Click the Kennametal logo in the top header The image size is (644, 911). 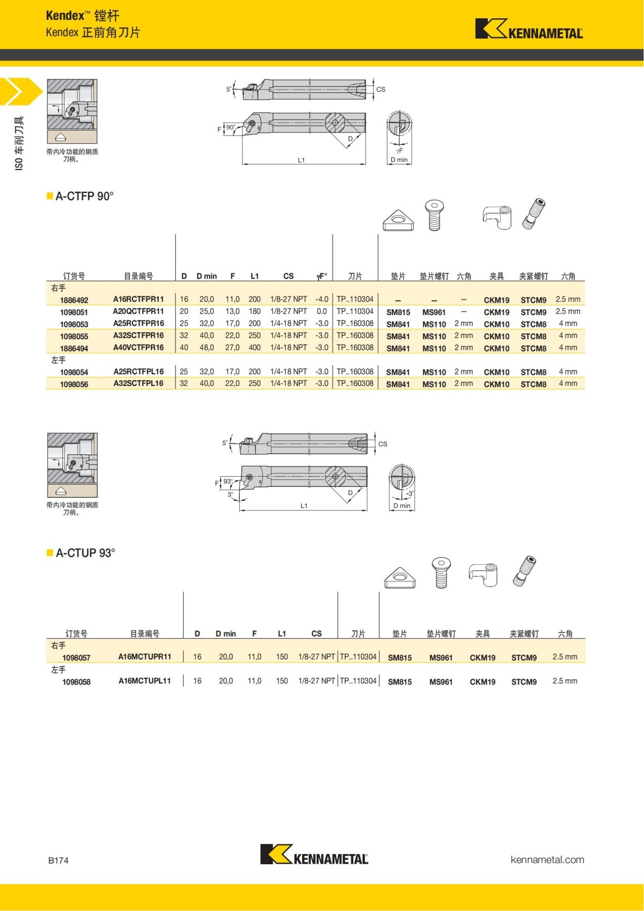point(529,29)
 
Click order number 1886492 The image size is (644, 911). point(74,300)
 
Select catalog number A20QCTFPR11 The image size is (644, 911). point(138,311)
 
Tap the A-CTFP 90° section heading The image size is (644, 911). point(84,196)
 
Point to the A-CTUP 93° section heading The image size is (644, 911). point(85,553)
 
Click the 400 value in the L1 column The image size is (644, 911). point(254,347)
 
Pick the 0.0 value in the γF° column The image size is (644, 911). point(321,311)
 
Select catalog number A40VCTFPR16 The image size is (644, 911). point(138,347)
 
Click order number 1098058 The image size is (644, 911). point(76,682)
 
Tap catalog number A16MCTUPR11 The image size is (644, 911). point(144,657)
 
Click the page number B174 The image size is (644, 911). point(58,861)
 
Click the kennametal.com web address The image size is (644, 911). point(547,859)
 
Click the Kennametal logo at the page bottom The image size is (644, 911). point(314,855)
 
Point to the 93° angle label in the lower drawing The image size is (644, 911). point(228,482)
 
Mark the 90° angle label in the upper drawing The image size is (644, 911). point(230,127)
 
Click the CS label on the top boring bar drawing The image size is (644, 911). point(380,90)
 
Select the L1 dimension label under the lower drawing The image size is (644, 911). point(304,506)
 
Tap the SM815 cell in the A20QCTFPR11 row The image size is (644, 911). point(398,312)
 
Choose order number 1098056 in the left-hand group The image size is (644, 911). point(74,384)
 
